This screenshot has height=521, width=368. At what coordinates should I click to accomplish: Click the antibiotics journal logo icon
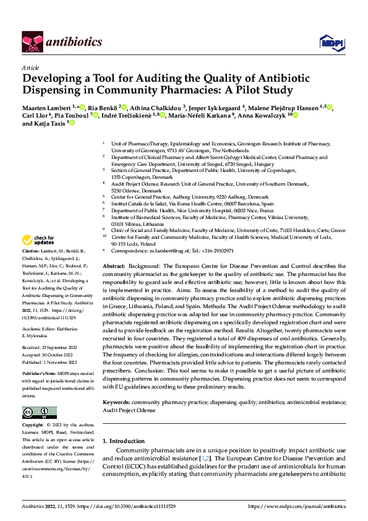(x=33, y=41)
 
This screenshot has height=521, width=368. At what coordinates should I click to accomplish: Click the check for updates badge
(x=38, y=240)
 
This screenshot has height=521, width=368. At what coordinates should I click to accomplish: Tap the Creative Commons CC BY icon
(x=39, y=413)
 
